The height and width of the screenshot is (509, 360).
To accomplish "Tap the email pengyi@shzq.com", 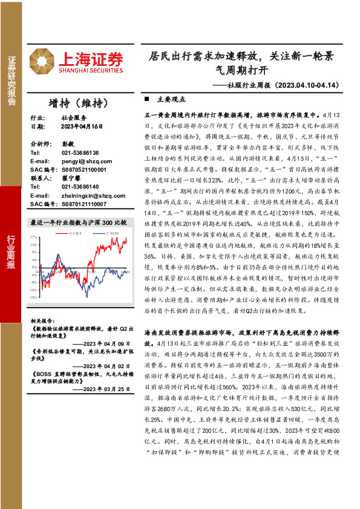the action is (x=77, y=161).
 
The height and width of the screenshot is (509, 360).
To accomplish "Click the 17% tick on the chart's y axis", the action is (x=34, y=238).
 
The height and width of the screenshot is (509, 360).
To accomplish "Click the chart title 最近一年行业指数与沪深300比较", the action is (x=79, y=222).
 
